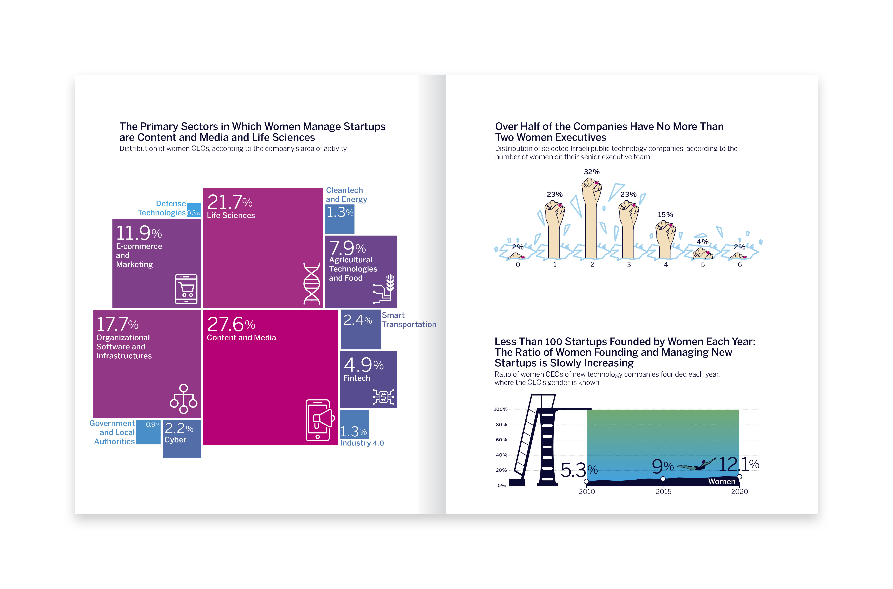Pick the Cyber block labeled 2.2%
click(181, 438)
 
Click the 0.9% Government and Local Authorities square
click(148, 432)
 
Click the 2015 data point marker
click(663, 479)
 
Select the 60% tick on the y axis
click(501, 440)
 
